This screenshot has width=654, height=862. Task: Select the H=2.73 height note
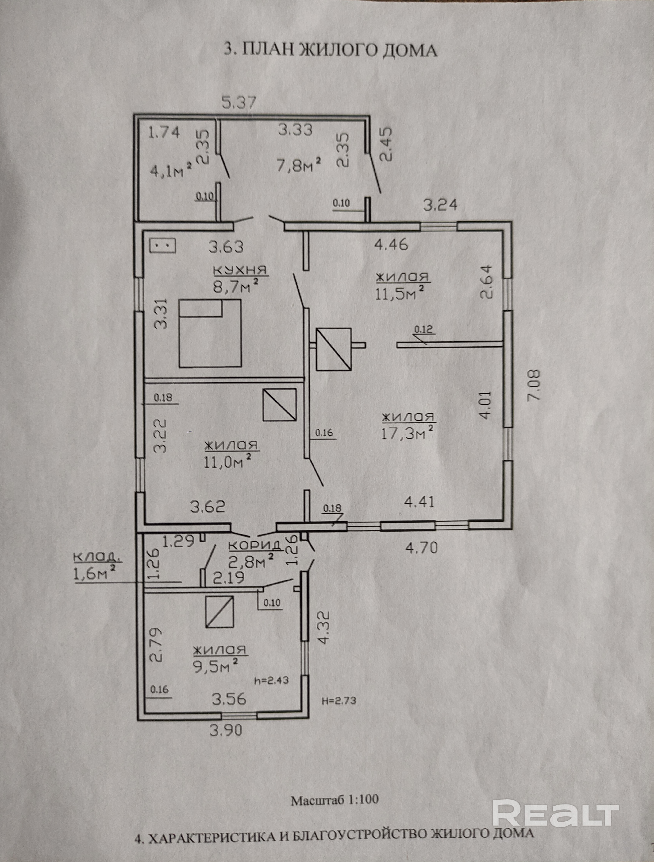[339, 701]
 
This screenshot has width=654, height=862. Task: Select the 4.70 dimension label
[422, 548]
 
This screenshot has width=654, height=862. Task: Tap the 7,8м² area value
[299, 165]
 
